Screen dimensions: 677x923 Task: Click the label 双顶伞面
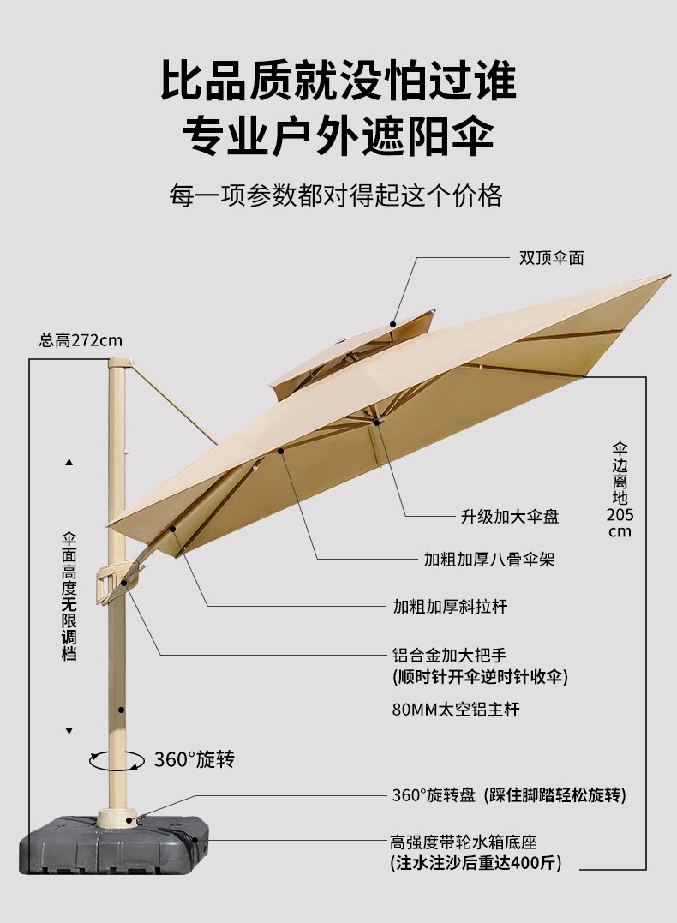click(x=551, y=257)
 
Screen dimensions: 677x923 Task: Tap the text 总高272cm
click(x=81, y=340)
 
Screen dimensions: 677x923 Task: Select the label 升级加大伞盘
click(x=510, y=517)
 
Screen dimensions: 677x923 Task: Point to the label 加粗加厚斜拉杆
click(x=450, y=608)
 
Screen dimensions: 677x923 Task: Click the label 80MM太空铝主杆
click(x=455, y=710)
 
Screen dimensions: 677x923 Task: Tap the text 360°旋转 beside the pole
click(x=194, y=759)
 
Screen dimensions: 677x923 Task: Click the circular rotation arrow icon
click(x=117, y=759)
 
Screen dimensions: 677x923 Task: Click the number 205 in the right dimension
click(x=620, y=515)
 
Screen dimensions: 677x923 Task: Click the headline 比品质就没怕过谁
click(x=338, y=81)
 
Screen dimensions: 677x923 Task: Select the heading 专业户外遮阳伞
click(x=338, y=135)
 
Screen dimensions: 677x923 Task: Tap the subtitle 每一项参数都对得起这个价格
click(x=336, y=195)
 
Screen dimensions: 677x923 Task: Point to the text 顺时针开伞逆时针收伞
click(x=480, y=677)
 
